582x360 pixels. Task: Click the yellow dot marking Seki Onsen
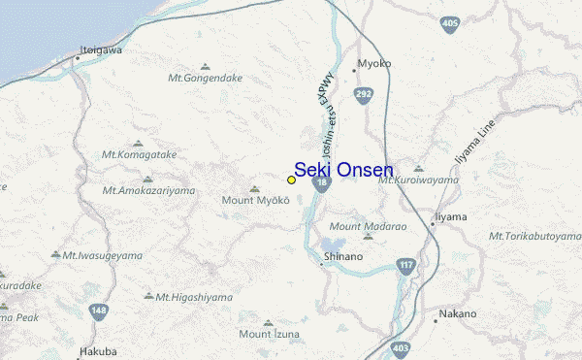click(291, 180)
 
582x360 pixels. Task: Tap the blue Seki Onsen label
click(343, 169)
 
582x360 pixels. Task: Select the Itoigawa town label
click(101, 49)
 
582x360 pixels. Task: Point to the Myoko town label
click(373, 63)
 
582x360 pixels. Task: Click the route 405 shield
click(448, 23)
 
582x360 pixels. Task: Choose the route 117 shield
click(405, 265)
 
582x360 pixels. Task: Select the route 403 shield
click(402, 346)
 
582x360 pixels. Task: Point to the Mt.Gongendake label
click(203, 78)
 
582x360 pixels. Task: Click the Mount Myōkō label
click(256, 200)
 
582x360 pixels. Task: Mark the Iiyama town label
click(449, 215)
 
